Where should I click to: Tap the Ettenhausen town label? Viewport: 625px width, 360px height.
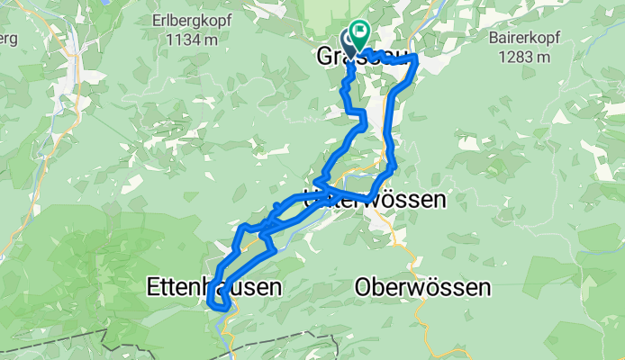click(213, 287)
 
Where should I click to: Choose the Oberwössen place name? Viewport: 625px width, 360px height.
click(423, 288)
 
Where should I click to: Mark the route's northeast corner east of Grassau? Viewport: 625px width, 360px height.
click(416, 58)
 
